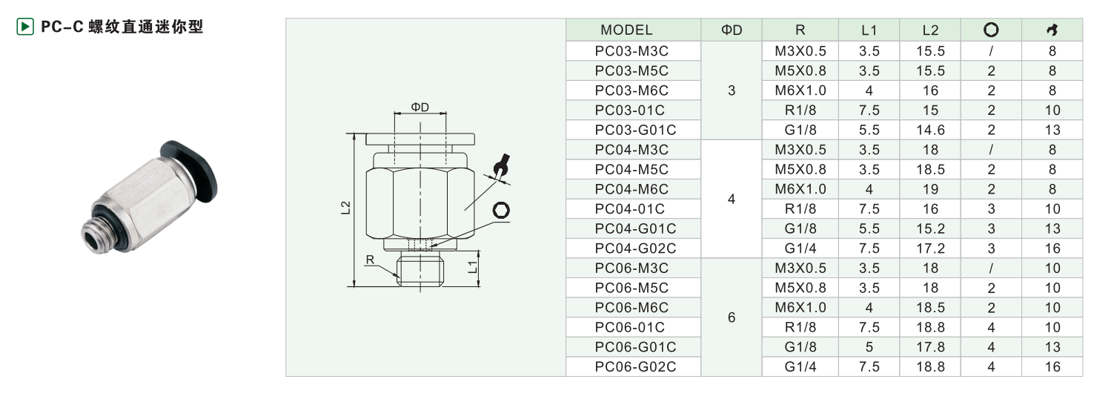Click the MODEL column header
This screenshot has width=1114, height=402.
pos(626,30)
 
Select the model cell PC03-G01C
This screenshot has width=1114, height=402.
pos(635,130)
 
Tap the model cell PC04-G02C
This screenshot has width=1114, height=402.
pos(635,248)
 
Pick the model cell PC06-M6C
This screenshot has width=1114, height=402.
pos(631,308)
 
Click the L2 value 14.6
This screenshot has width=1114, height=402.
pos(930,130)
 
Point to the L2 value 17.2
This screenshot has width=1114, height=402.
pos(930,248)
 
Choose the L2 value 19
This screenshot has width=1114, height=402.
pos(930,189)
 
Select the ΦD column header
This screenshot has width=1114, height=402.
pos(731,30)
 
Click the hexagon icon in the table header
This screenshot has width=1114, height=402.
pos(991,30)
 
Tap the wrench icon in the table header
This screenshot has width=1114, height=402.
pos(1052,30)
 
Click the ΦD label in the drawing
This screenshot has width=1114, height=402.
pos(420,107)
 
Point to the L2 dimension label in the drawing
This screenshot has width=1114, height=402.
pos(345,208)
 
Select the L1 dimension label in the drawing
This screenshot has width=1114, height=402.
pos(472,267)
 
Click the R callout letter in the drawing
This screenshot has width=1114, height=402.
pos(370,260)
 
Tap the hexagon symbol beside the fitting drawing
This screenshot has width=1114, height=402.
pos(501,210)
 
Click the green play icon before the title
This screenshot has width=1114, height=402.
pos(25,27)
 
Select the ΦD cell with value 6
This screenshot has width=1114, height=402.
pos(731,317)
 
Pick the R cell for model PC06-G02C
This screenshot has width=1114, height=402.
pos(800,366)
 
